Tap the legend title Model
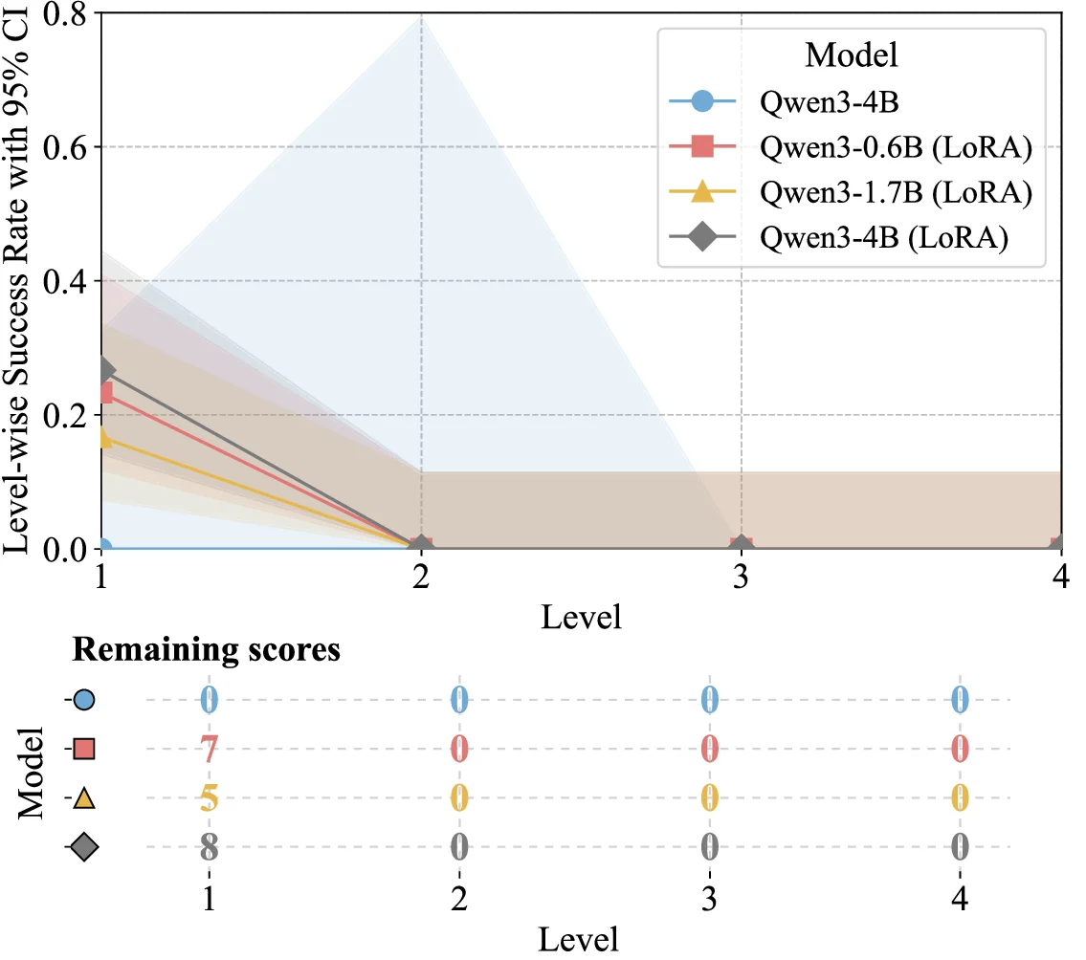pos(852,55)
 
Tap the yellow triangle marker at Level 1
pos(103,438)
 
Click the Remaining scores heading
pos(207,650)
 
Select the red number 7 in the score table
pos(209,749)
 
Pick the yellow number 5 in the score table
pos(209,797)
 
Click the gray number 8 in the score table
pos(209,846)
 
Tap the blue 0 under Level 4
pos(960,700)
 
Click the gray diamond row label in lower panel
pos(83,846)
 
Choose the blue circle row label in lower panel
pos(83,700)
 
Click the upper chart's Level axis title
pos(581,617)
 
